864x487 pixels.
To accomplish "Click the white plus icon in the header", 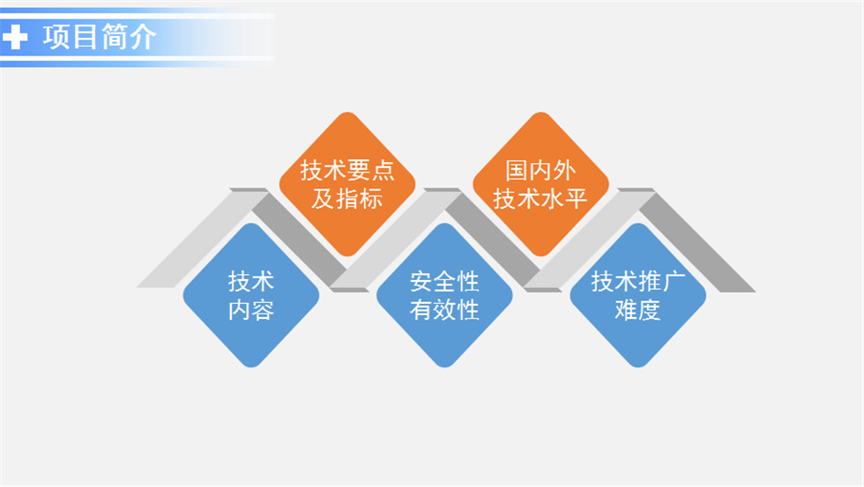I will pos(15,37).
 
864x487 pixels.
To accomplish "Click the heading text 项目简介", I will pos(99,37).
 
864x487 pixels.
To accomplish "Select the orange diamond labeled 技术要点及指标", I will pos(347,184).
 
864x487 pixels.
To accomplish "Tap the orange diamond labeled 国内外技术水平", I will pos(540,184).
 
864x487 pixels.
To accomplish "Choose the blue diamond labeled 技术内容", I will pos(251,295).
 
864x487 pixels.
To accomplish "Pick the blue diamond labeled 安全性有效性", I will pos(444,295).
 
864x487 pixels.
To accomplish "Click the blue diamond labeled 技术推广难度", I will pos(637,295).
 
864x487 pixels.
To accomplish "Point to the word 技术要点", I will pos(347,171).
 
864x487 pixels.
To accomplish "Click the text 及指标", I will pos(347,199).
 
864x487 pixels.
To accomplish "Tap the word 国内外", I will pos(540,171).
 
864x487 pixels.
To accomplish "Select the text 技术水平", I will pos(540,199).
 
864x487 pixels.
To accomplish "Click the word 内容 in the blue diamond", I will pos(251,310).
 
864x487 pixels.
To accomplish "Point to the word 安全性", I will pos(444,282).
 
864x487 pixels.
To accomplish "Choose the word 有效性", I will pos(444,310).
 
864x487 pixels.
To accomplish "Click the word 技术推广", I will pos(637,282).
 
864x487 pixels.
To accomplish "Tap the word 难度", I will pos(637,310).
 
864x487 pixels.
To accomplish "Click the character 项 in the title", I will pos(56,37).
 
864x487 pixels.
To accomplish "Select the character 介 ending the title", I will pos(142,37).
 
